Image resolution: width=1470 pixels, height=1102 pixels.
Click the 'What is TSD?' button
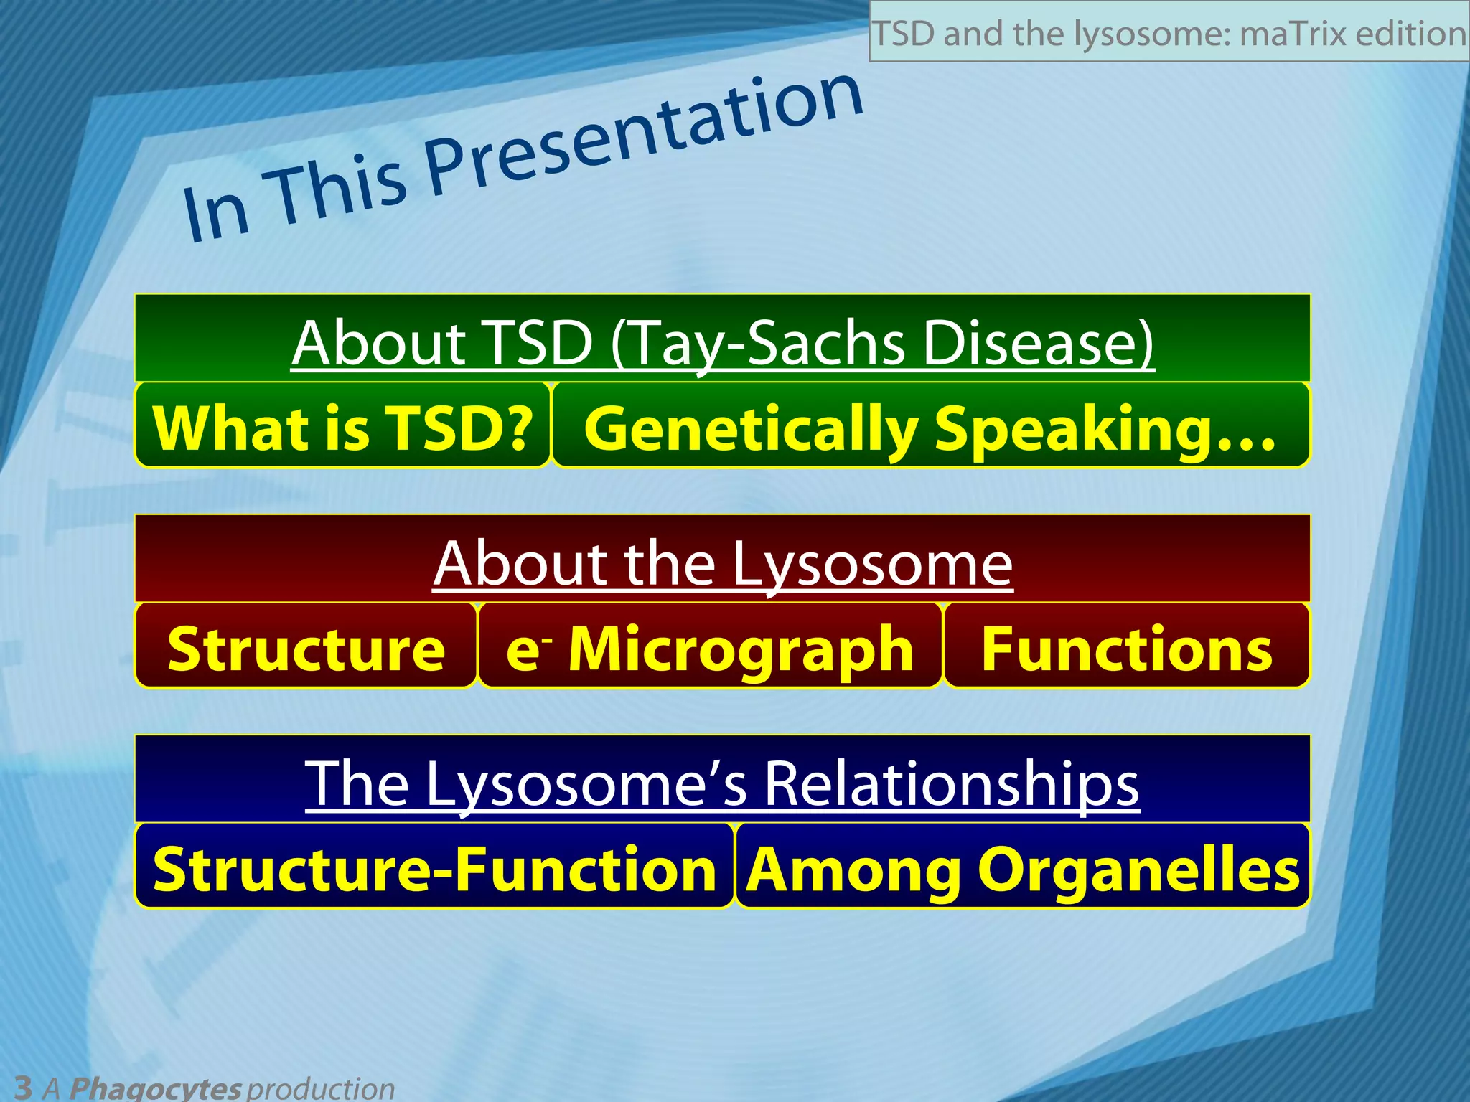[342, 426]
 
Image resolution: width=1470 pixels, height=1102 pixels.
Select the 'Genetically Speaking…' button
[931, 426]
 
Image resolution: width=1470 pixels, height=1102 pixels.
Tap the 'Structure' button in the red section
[306, 646]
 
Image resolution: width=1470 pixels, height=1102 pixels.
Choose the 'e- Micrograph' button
[710, 646]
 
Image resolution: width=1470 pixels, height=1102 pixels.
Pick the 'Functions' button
[1127, 646]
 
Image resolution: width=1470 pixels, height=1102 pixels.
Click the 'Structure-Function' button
[434, 867]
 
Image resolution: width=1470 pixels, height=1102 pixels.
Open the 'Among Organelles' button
[1023, 867]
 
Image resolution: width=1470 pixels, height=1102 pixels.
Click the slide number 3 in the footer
[23, 1087]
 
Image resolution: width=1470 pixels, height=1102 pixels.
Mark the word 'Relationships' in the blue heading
[950, 783]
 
